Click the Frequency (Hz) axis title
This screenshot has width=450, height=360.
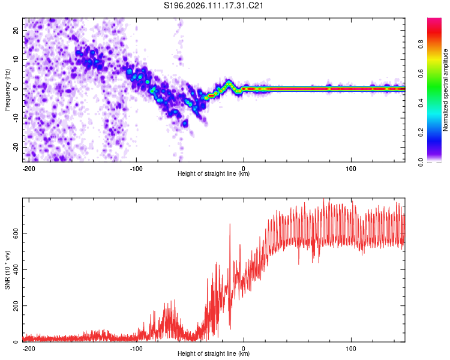[x=8, y=89]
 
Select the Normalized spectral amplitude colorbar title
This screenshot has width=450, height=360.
[x=446, y=90]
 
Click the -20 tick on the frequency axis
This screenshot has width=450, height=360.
[x=15, y=147]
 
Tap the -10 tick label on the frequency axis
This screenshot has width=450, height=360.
[x=15, y=118]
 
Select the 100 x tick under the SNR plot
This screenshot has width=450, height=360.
[x=351, y=347]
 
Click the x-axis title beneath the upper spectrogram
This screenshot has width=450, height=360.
[x=214, y=174]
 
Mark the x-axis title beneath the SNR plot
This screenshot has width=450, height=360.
[x=214, y=354]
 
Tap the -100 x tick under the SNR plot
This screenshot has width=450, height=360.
[x=136, y=347]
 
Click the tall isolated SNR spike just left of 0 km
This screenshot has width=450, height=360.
[x=230, y=225]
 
